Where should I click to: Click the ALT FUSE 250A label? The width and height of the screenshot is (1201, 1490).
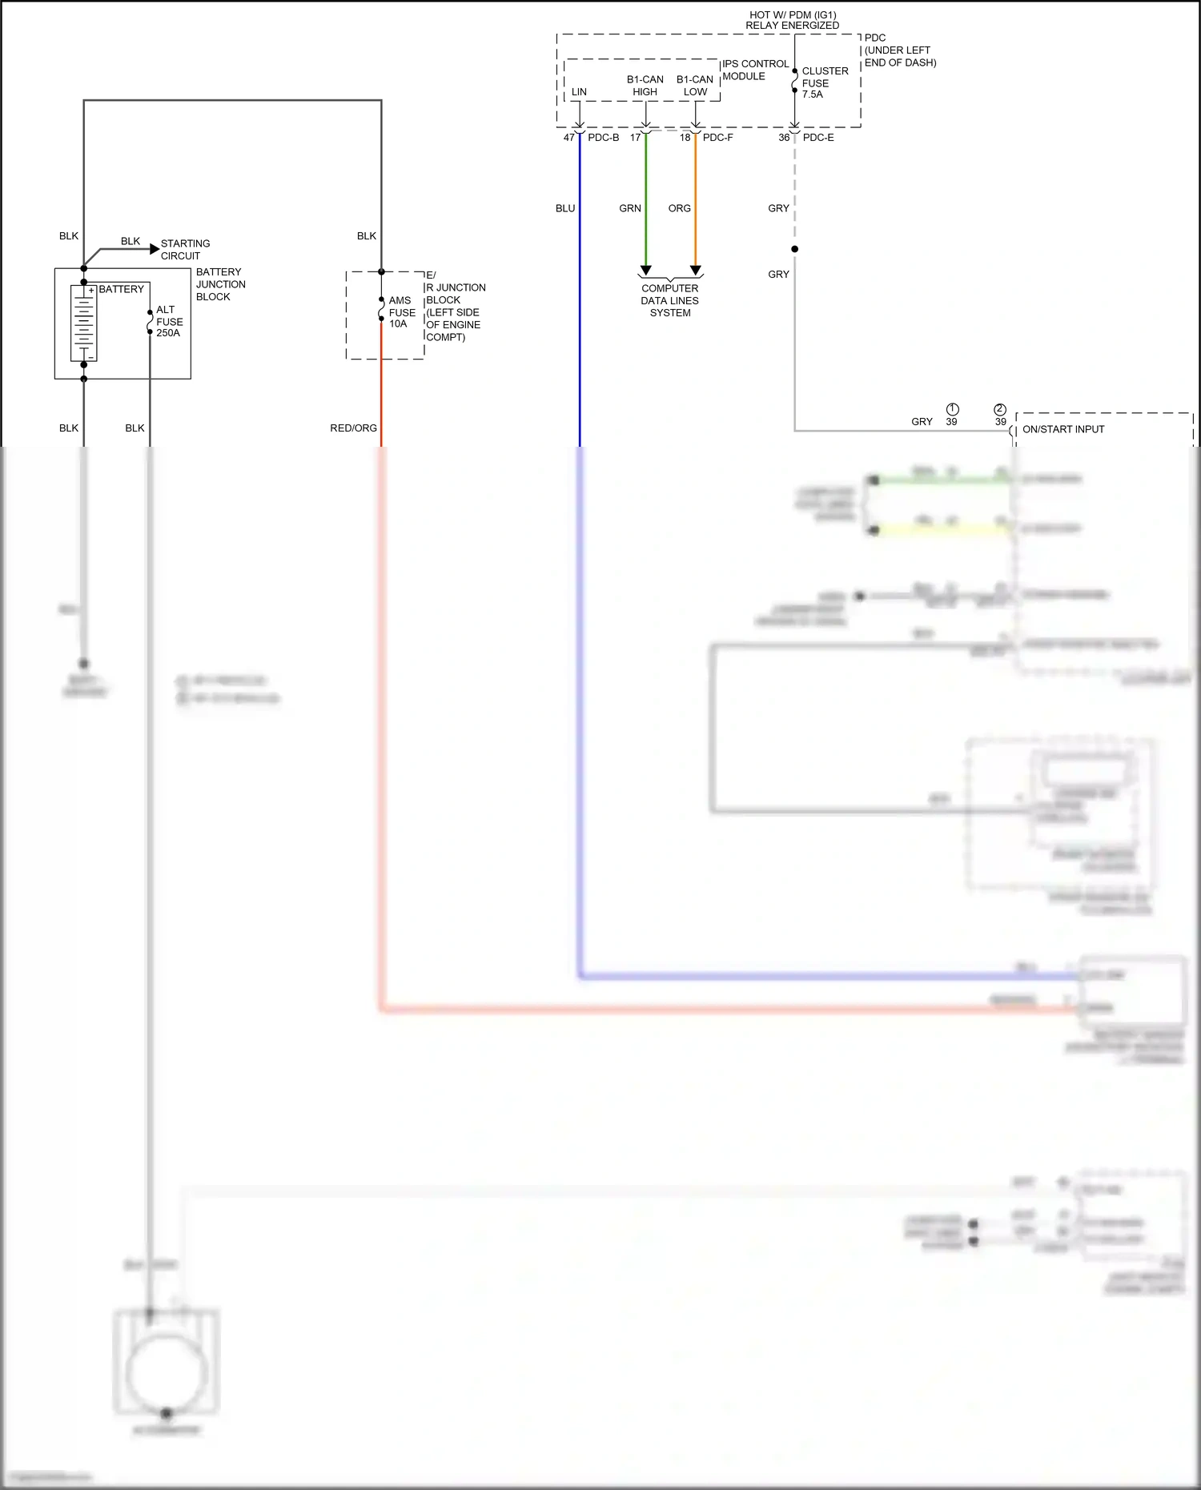(169, 321)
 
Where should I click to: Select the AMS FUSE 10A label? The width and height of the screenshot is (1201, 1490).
(401, 312)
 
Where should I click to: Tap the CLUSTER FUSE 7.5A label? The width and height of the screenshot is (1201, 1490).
(824, 82)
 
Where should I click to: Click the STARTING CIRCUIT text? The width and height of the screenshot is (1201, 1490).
(185, 249)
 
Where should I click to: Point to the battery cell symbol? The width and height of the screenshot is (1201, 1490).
(83, 323)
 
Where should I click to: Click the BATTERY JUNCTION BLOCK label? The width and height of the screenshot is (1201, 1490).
(220, 284)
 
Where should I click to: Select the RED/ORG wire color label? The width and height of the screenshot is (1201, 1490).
(353, 428)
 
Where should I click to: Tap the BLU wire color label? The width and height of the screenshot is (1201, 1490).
(565, 208)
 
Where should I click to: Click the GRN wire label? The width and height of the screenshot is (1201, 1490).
(630, 208)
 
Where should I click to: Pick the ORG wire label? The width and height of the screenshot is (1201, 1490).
(679, 208)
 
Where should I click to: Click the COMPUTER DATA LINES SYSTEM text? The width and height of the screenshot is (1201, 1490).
(670, 300)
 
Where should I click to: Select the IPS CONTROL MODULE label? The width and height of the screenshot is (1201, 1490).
(755, 70)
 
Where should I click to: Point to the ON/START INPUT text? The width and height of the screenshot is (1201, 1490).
(1062, 429)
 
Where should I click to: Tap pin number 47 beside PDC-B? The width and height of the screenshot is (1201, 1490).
(568, 138)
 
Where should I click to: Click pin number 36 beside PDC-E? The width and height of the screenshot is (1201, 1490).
(784, 138)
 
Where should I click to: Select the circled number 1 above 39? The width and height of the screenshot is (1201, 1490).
(952, 409)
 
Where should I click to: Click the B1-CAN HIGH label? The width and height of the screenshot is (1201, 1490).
(645, 86)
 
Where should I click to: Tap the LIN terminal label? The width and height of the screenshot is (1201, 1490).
(579, 92)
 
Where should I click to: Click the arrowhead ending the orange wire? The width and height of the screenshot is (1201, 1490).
(696, 271)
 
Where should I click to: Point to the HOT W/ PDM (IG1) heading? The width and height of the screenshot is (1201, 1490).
(792, 20)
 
